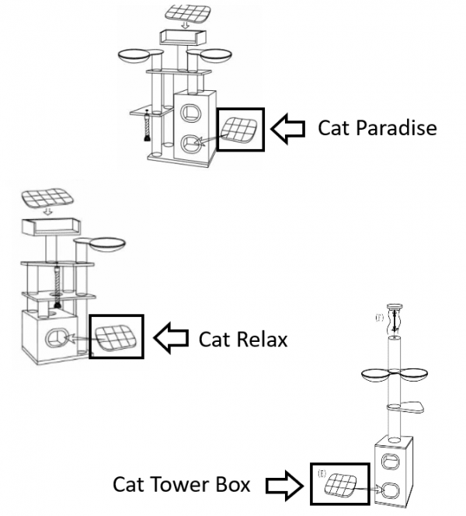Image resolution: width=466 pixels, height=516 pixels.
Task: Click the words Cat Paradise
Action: coord(377,127)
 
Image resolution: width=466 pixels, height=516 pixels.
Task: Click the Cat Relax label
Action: coord(243,339)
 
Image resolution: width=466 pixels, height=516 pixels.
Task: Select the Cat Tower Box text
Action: coord(182,484)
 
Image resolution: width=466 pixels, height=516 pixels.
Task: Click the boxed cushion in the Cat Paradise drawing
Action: coord(241,128)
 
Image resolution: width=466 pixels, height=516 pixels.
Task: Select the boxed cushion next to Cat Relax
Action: coord(116,336)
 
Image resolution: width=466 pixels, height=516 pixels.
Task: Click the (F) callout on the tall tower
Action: coord(379,317)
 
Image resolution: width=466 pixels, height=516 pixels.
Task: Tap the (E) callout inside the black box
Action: coord(320,471)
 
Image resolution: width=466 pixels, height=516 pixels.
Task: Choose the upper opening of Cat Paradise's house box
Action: coord(190,111)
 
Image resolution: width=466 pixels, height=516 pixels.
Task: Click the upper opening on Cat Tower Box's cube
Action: coord(390,457)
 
